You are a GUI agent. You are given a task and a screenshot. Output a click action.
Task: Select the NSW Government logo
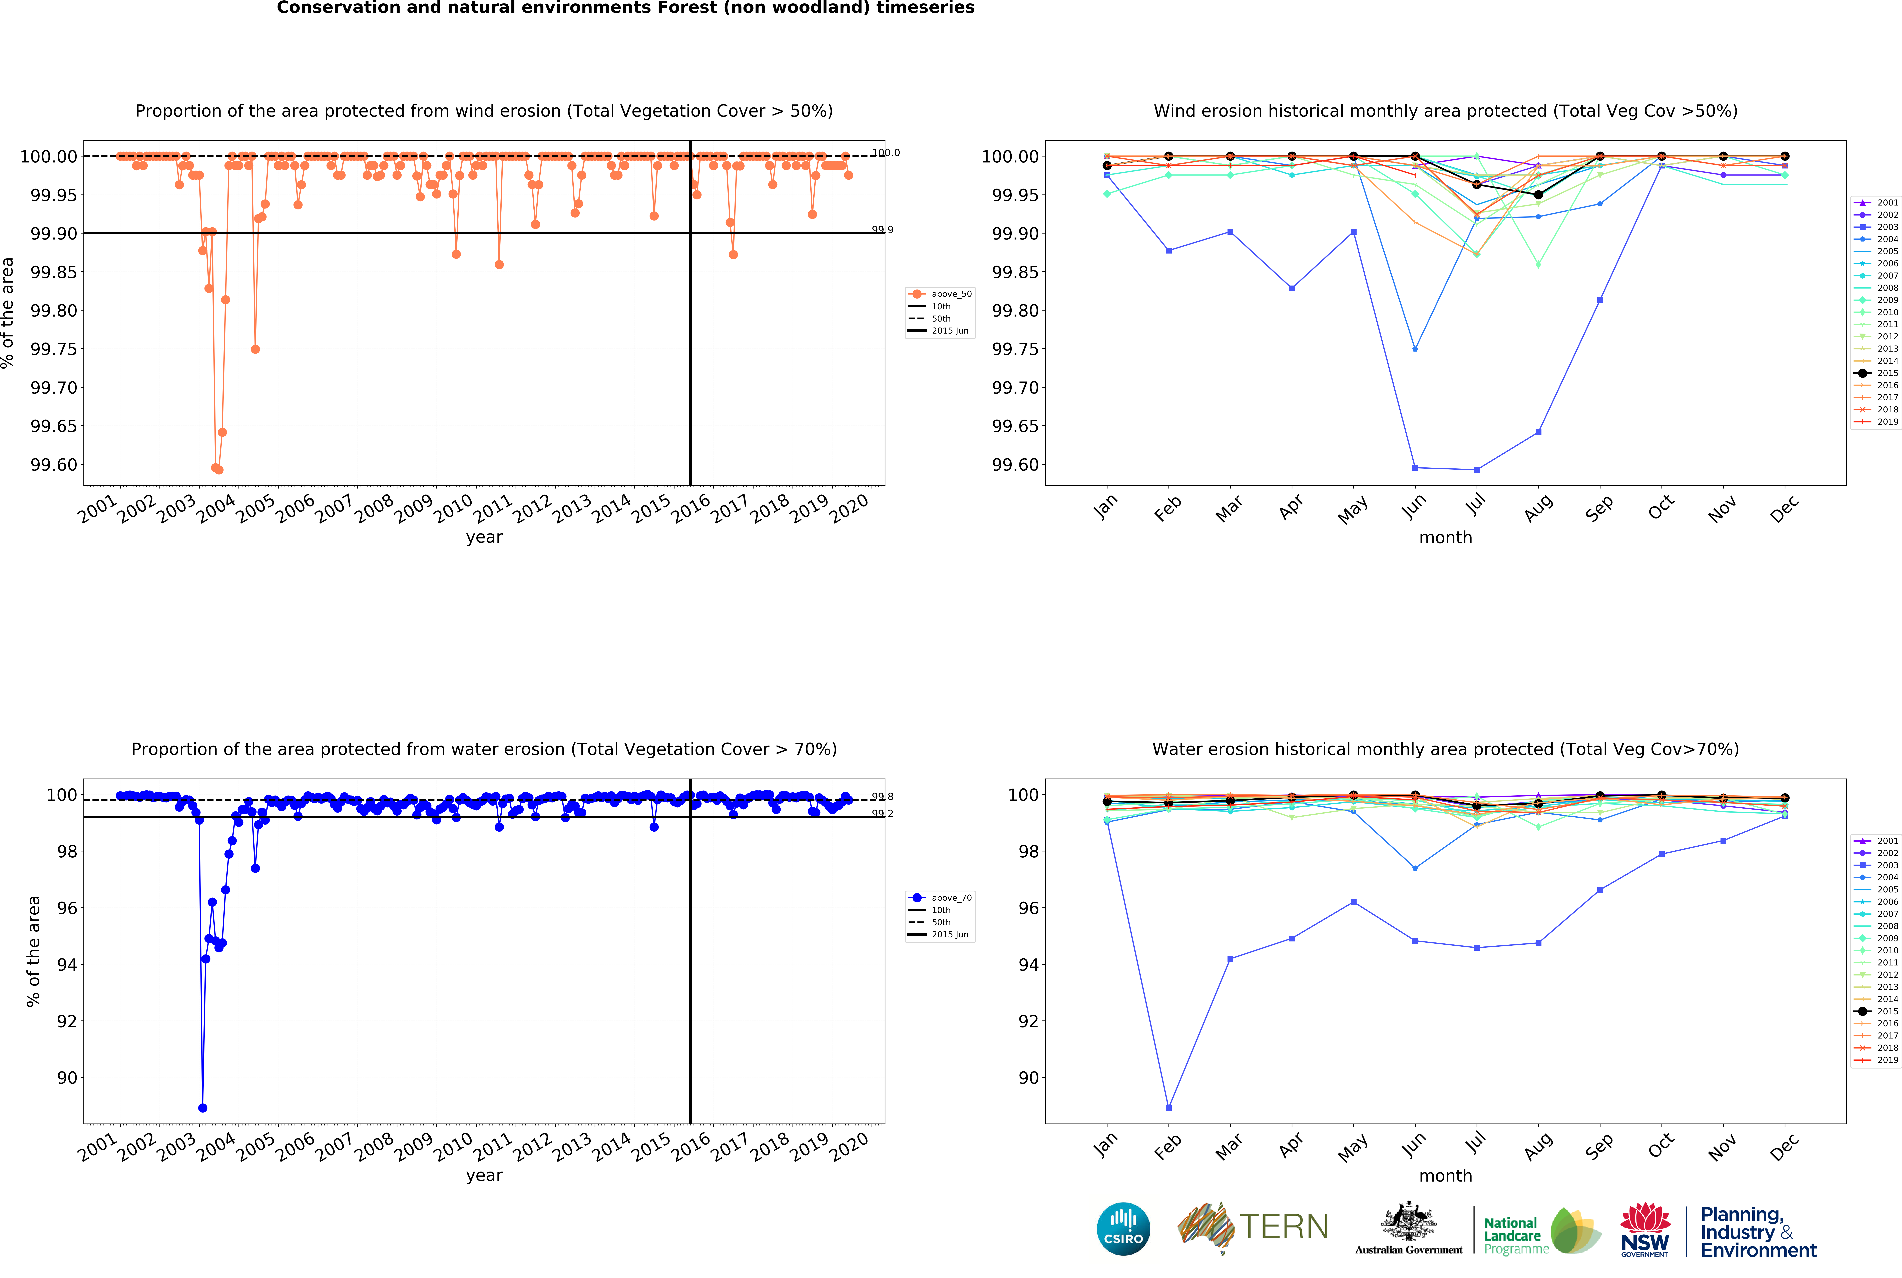1644,1229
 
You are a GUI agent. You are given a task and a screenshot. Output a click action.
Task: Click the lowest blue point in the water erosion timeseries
202,1108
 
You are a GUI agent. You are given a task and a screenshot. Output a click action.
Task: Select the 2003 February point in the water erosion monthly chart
1168,1108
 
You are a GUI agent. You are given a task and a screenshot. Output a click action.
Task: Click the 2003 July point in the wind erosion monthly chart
1477,469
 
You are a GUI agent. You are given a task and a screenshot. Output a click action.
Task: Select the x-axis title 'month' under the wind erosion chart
1446,537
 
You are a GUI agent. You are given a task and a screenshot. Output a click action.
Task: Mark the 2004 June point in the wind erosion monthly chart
1415,349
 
